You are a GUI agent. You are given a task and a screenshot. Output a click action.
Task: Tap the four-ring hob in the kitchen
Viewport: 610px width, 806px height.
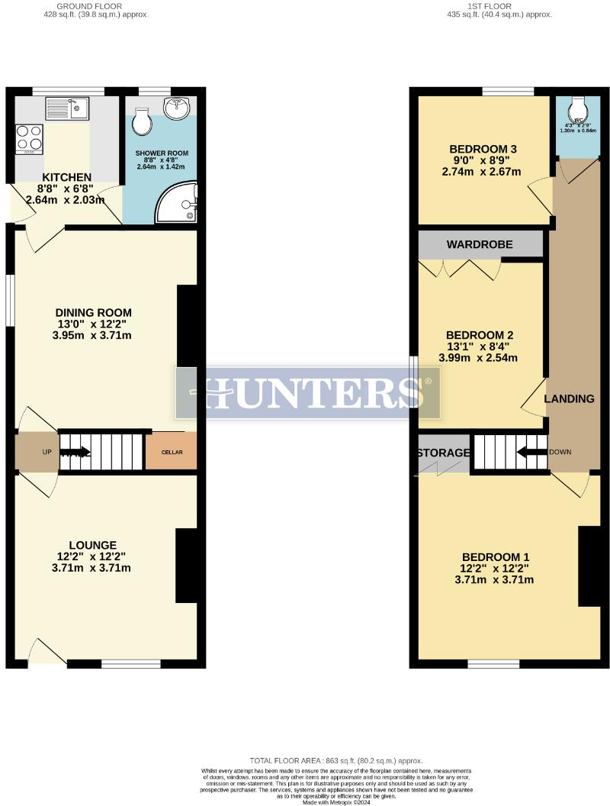click(30, 137)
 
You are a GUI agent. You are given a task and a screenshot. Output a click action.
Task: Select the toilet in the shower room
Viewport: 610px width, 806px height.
click(142, 120)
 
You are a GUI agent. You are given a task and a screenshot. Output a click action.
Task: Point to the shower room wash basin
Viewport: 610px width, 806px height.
click(177, 107)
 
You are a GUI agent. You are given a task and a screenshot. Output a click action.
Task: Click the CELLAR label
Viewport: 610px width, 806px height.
click(172, 453)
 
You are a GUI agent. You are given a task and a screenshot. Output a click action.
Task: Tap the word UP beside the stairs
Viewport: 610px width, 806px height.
click(47, 452)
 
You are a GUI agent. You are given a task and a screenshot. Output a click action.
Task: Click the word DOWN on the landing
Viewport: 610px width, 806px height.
click(560, 452)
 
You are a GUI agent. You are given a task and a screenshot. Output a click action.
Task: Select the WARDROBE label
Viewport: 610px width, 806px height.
click(480, 244)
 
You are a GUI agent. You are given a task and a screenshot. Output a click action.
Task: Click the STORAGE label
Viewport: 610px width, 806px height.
click(443, 453)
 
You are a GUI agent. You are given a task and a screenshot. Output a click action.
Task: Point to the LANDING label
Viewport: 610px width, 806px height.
click(569, 398)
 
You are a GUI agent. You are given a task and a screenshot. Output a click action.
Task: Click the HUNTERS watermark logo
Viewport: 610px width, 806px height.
click(308, 393)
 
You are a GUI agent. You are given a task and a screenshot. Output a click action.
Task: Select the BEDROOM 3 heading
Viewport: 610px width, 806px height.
click(483, 149)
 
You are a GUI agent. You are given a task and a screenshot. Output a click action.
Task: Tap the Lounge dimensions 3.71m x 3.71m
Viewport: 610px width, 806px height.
click(92, 568)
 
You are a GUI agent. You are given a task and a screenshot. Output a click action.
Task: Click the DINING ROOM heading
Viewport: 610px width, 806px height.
click(93, 312)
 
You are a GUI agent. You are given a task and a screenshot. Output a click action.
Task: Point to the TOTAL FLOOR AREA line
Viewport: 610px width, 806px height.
click(336, 761)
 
